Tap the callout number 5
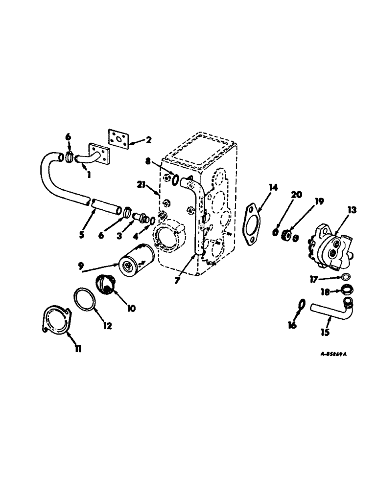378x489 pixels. pyautogui.click(x=81, y=235)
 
